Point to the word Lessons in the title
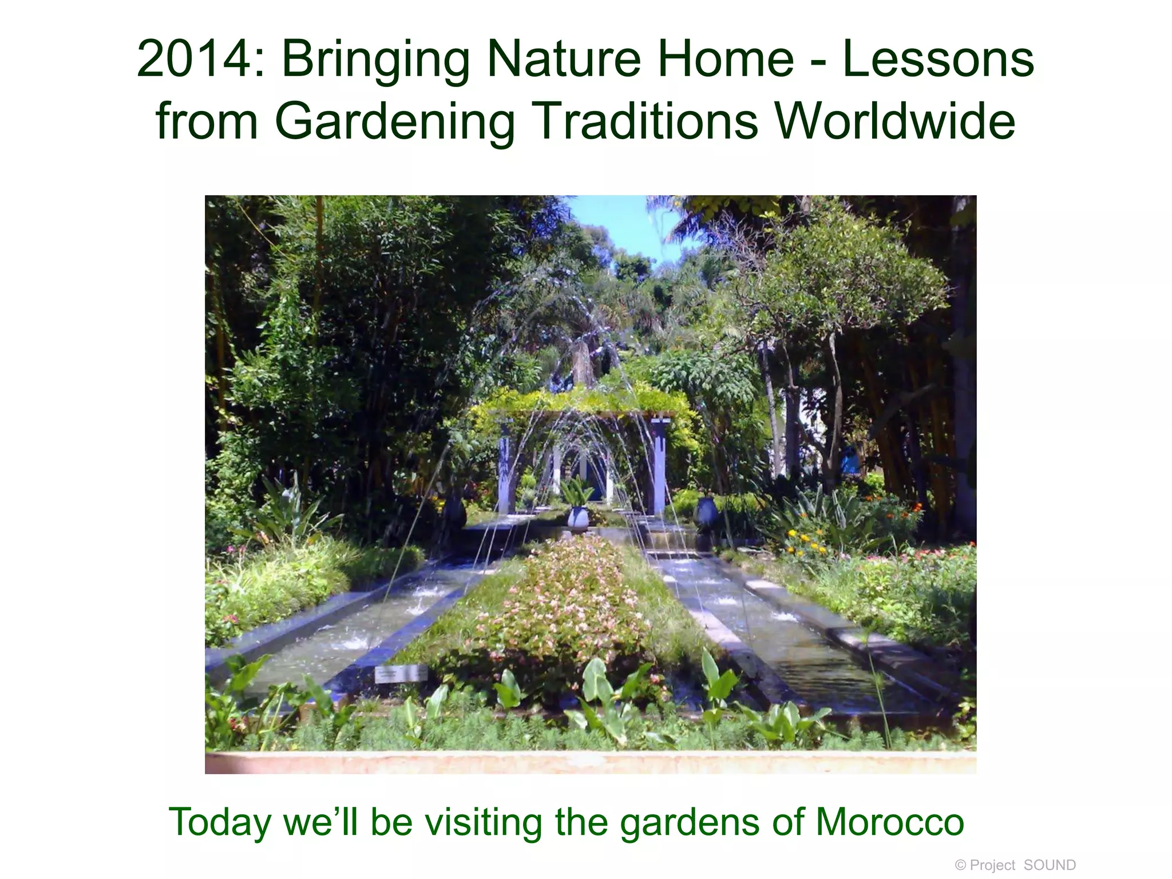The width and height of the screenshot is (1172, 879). click(x=938, y=60)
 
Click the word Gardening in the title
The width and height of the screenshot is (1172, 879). click(x=395, y=122)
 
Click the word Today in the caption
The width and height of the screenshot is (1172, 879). click(x=220, y=823)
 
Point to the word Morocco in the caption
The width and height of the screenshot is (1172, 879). click(x=890, y=823)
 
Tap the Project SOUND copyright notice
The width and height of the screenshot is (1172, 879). click(x=1015, y=865)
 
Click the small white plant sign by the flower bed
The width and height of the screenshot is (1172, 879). click(x=401, y=674)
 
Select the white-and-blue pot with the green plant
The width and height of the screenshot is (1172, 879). click(x=577, y=516)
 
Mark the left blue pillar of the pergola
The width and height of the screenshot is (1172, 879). click(x=505, y=466)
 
